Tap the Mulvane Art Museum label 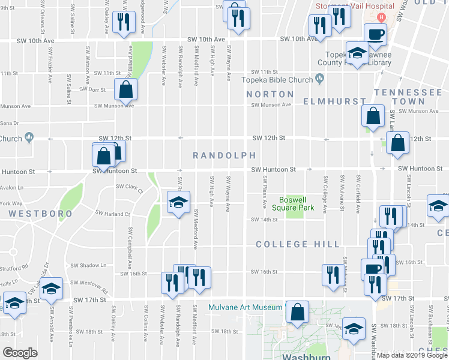(x=245, y=308)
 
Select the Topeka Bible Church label (x=277, y=80)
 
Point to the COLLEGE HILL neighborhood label (x=298, y=244)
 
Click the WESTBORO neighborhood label (x=41, y=214)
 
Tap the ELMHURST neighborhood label (x=334, y=101)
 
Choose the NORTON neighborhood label (x=270, y=94)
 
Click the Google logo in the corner (x=20, y=353)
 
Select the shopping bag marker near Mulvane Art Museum (x=297, y=313)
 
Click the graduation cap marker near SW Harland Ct (x=178, y=203)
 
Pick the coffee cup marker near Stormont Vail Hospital (x=376, y=35)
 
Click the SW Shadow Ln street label (x=88, y=265)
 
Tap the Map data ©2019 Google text (x=412, y=355)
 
